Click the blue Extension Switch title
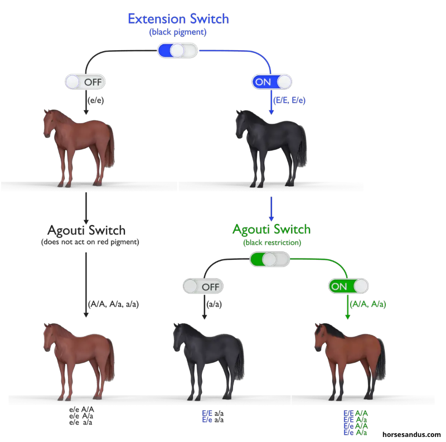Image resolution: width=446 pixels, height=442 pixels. coord(178,18)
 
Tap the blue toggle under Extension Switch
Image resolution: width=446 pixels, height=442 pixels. coord(178,51)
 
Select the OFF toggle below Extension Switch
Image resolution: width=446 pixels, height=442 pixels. coord(85,82)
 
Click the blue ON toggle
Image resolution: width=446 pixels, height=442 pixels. coord(272,82)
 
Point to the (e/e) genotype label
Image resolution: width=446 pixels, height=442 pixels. coord(96,101)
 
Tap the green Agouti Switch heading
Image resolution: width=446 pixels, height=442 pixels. coord(271,230)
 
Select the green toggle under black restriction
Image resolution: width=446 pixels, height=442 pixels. coord(270,259)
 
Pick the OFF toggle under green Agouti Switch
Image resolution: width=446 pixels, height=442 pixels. coord(203,286)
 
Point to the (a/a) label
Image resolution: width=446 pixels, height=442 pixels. coord(215,304)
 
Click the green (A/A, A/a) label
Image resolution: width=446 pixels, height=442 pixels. coord(368,304)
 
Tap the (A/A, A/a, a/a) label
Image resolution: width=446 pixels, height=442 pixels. coord(113,304)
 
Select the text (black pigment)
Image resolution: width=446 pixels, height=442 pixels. coord(178,32)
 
